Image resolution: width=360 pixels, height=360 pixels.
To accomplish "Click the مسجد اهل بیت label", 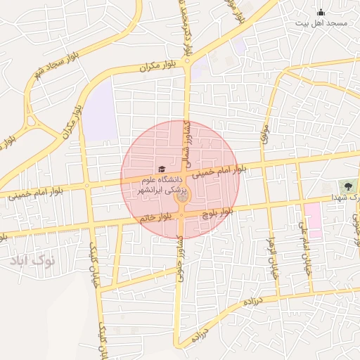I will tap(322, 24).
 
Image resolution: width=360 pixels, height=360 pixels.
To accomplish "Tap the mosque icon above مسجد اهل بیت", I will tap(321, 11).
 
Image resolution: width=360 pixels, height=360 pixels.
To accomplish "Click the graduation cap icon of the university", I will tap(162, 170).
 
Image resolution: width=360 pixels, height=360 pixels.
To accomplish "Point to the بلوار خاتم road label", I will tap(156, 217).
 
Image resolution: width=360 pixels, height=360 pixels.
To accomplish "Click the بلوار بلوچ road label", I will tap(217, 210).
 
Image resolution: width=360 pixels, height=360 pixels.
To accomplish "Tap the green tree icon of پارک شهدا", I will tap(346, 187).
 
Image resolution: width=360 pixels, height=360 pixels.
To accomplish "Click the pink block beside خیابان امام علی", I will tap(313, 220).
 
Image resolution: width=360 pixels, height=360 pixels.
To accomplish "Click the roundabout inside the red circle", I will tap(182, 200).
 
